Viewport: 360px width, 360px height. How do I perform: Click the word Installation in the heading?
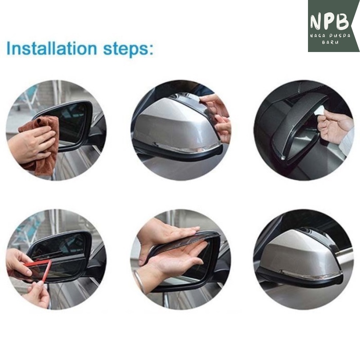pos(52,49)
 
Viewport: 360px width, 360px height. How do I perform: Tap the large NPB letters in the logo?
pos(330,22)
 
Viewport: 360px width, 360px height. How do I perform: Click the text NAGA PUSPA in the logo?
pos(330,36)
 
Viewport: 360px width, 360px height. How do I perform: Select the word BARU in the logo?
pos(330,43)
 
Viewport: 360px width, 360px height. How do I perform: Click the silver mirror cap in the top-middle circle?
pos(174,124)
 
